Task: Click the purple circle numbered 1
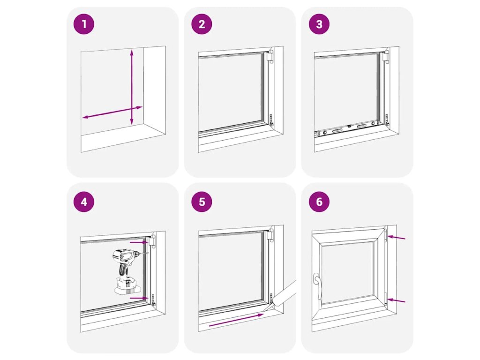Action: (84, 24)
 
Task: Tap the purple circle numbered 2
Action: (202, 24)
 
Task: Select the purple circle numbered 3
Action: (319, 24)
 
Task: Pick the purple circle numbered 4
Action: (84, 202)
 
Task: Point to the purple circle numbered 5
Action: (202, 202)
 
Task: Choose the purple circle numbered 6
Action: (319, 202)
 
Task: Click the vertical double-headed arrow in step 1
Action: (132, 87)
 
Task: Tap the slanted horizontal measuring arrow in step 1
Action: (112, 112)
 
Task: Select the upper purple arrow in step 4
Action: (139, 242)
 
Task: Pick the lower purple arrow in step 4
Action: (139, 298)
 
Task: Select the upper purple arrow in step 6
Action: (396, 237)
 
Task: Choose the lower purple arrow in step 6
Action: (396, 301)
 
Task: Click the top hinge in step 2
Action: (270, 56)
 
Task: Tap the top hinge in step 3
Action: (386, 56)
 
